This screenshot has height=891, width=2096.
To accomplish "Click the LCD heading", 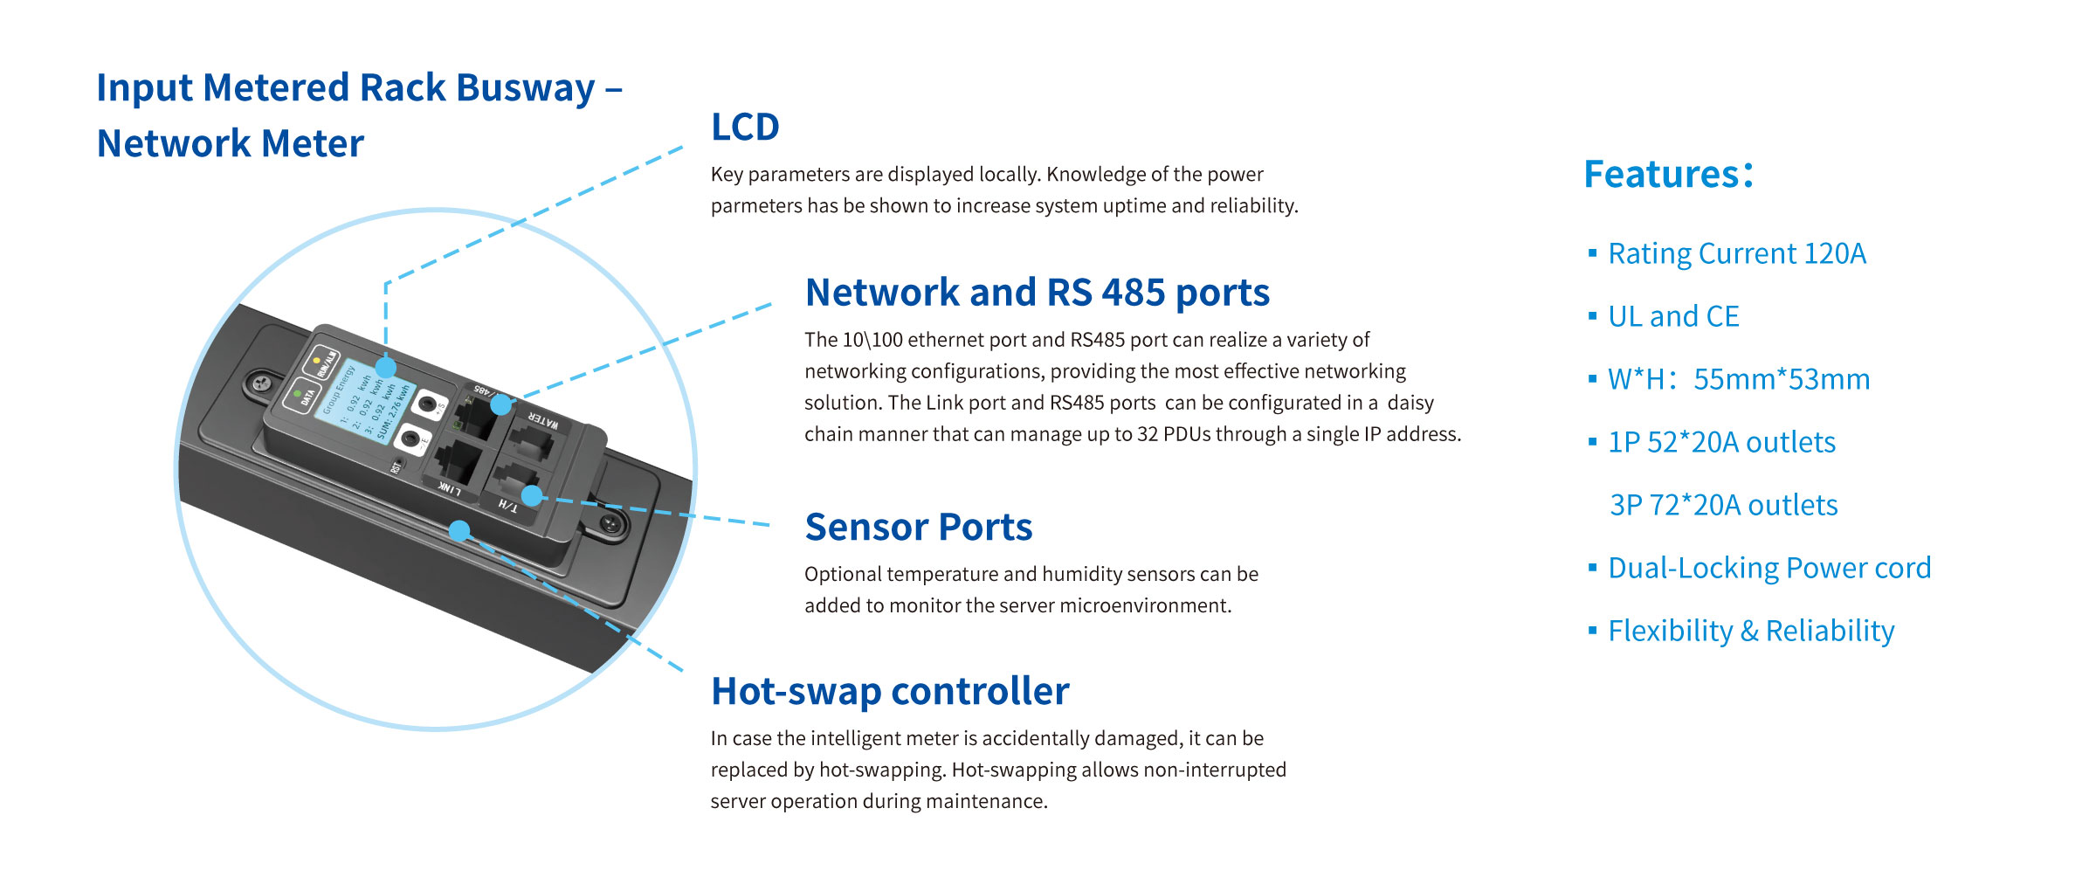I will (744, 128).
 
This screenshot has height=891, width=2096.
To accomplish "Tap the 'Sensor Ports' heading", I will (918, 528).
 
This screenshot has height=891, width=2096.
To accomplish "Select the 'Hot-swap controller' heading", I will (889, 691).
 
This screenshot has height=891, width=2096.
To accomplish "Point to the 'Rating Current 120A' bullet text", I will (1736, 253).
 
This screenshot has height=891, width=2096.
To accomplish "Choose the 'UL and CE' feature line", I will (1672, 316).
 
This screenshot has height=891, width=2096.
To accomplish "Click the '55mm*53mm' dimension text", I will (1781, 379).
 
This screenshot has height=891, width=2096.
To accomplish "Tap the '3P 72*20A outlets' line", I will (1723, 505).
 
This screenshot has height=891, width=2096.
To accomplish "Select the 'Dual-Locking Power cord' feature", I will (1768, 568).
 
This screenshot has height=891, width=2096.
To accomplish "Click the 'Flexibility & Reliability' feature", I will (1750, 631).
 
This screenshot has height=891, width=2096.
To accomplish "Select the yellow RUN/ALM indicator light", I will (316, 360).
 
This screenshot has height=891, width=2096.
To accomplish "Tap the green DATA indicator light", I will (298, 395).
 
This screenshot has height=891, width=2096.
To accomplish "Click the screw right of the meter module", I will (610, 523).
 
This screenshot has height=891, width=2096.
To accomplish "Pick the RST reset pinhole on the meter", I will (400, 460).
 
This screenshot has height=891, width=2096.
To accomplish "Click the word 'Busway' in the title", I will (525, 88).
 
